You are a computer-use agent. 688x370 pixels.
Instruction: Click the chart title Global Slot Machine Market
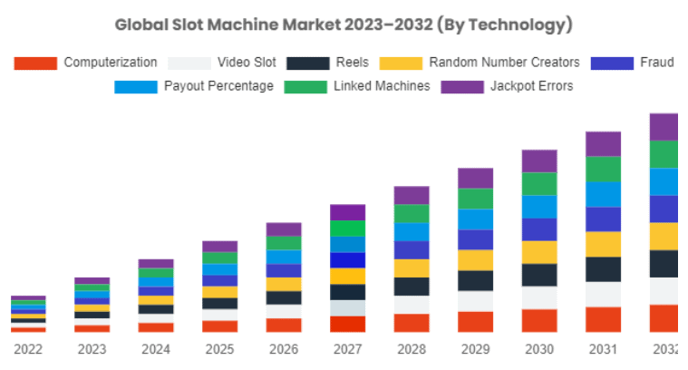tap(344, 24)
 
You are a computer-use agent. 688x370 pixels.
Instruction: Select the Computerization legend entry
tap(110, 63)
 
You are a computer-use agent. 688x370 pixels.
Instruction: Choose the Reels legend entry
tap(352, 63)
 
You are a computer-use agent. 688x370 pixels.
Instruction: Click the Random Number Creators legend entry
tap(504, 63)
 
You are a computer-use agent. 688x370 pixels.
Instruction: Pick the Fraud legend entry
tap(655, 63)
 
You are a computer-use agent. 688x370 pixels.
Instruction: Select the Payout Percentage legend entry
tap(218, 86)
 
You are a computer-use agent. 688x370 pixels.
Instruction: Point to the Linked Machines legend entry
tap(382, 86)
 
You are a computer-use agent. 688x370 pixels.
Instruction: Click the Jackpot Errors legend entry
tap(531, 86)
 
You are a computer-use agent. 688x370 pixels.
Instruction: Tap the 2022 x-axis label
tap(28, 349)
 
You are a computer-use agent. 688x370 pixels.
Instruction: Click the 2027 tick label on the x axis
tap(347, 349)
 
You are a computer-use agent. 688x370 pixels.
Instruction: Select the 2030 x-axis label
tap(538, 349)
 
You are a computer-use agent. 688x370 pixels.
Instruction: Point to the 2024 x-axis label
tap(156, 349)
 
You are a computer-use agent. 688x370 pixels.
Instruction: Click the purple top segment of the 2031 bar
tap(603, 143)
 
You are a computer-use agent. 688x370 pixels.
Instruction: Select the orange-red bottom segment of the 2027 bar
tap(347, 324)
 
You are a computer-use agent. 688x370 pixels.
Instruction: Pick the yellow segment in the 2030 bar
tap(539, 252)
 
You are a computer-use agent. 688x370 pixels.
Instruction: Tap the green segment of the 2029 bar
tap(475, 199)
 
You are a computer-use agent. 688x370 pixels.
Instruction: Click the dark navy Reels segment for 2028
tap(412, 287)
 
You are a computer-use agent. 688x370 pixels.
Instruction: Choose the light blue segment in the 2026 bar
tap(284, 257)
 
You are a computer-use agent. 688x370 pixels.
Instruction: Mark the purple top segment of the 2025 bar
tap(219, 246)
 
